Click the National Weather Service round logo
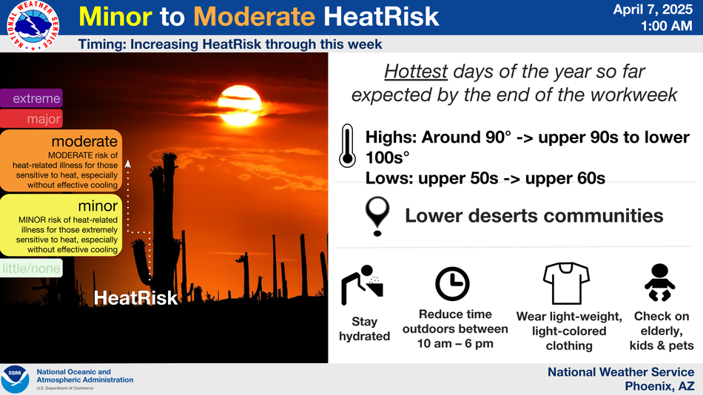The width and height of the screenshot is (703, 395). pyautogui.click(x=33, y=25)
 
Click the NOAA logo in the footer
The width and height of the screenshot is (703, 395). pyautogui.click(x=16, y=379)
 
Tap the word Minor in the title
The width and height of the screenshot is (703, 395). pyautogui.click(x=115, y=16)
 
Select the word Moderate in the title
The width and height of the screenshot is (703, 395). pyautogui.click(x=255, y=16)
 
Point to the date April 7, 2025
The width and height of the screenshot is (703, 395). pyautogui.click(x=653, y=10)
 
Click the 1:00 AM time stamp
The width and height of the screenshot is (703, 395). pyautogui.click(x=666, y=26)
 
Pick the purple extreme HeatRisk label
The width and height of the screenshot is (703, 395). pyautogui.click(x=31, y=98)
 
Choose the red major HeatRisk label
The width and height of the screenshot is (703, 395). pyautogui.click(x=31, y=119)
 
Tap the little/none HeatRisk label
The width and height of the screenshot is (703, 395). pyautogui.click(x=31, y=268)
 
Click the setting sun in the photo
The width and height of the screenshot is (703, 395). pyautogui.click(x=240, y=105)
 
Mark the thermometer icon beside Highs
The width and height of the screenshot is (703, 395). pyautogui.click(x=348, y=146)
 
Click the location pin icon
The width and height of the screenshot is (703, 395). pyautogui.click(x=377, y=216)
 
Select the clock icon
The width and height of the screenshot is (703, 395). pyautogui.click(x=452, y=284)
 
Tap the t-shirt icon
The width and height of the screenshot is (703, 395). pyautogui.click(x=566, y=283)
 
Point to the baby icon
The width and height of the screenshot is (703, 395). pyautogui.click(x=660, y=283)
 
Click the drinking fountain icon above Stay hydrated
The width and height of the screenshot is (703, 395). pyautogui.click(x=363, y=285)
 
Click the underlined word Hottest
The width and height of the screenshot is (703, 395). pyautogui.click(x=416, y=72)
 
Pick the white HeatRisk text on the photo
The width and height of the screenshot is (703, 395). pyautogui.click(x=135, y=298)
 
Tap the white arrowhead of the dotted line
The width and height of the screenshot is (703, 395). pyautogui.click(x=128, y=164)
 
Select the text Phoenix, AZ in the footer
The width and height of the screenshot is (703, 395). pyautogui.click(x=659, y=386)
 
